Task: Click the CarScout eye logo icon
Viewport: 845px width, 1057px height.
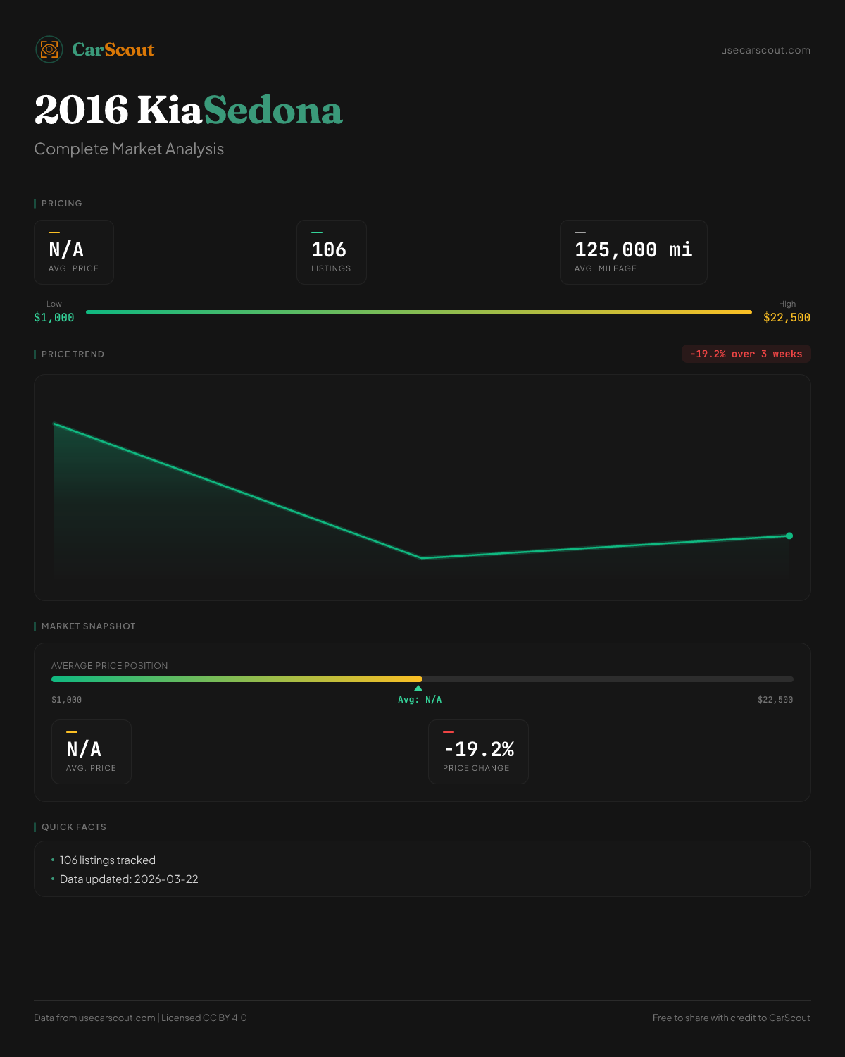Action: coord(49,49)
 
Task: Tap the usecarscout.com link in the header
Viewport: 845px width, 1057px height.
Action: coord(765,50)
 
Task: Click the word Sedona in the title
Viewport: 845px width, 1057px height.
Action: coord(273,111)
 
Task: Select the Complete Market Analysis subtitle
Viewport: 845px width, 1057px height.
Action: coord(129,149)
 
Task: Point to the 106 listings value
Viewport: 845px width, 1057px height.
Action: coord(329,249)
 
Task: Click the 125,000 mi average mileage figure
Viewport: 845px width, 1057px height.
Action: coord(633,249)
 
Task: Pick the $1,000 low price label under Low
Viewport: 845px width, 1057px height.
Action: coord(54,318)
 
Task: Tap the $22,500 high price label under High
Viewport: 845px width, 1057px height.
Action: coord(787,318)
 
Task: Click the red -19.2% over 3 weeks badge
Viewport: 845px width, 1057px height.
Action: coord(746,354)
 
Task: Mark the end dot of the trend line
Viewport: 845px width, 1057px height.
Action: coord(789,536)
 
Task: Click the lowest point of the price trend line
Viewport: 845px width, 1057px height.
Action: coord(422,558)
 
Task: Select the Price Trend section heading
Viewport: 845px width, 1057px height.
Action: coord(73,354)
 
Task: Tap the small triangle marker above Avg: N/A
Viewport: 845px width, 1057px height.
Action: coord(418,688)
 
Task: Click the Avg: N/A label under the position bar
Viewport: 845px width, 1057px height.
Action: coord(420,700)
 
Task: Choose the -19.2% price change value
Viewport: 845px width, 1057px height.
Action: coord(479,749)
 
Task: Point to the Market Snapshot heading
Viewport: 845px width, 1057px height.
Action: coord(88,626)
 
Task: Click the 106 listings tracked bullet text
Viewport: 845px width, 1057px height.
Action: coord(108,860)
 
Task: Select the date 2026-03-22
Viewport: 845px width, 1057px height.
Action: coord(166,879)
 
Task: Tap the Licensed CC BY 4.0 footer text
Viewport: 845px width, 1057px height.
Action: coord(204,1018)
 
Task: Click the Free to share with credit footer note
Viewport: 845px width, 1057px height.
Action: coord(731,1018)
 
